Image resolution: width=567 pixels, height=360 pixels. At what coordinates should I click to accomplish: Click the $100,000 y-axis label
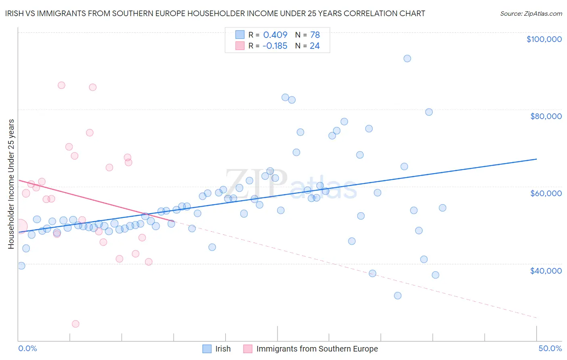point(544,39)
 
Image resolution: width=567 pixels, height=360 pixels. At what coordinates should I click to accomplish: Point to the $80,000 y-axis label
point(546,116)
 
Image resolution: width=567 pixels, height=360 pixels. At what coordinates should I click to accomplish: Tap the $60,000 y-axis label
point(546,193)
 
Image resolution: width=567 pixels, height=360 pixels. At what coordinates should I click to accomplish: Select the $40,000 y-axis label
point(546,271)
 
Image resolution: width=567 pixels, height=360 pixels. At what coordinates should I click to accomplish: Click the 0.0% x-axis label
point(27,348)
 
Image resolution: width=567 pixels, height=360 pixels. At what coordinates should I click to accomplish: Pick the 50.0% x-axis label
point(550,348)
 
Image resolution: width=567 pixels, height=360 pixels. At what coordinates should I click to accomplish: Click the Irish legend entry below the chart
point(223,349)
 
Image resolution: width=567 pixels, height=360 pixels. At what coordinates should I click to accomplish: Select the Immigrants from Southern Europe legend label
point(317,349)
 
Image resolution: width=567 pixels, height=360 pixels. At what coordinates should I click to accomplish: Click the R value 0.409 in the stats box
point(275,35)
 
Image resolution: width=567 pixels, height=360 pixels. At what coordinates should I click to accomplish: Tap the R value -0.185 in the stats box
point(275,46)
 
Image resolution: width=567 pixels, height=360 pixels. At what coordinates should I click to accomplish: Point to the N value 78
point(315,35)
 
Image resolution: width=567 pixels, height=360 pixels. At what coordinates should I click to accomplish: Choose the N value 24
point(315,46)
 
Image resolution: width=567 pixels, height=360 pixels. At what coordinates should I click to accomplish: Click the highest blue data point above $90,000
point(407,59)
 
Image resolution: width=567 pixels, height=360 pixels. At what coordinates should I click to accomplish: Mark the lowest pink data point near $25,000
point(75,324)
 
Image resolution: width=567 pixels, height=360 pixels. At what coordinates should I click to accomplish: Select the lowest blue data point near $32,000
point(398,295)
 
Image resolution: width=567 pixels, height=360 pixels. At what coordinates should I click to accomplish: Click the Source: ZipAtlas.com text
point(531,14)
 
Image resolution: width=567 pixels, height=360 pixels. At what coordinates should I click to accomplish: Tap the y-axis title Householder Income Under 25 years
point(11,184)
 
